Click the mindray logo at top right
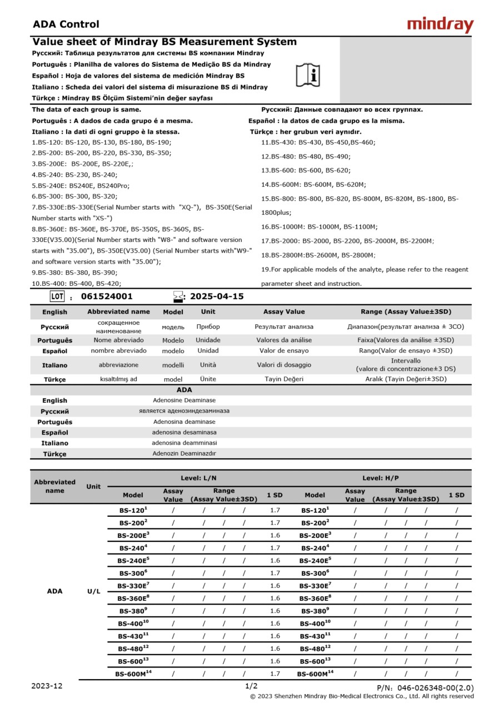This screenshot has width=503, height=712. pyautogui.click(x=440, y=24)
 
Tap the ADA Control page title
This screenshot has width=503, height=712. pyautogui.click(x=66, y=24)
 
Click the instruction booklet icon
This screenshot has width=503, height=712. pyautogui.click(x=307, y=75)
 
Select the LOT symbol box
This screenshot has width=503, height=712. pyautogui.click(x=57, y=296)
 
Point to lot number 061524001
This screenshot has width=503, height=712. pyautogui.click(x=107, y=296)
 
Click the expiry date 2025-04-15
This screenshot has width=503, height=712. pyautogui.click(x=217, y=296)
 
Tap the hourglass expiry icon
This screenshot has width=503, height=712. pyautogui.click(x=178, y=296)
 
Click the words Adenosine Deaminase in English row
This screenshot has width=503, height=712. pyautogui.click(x=184, y=400)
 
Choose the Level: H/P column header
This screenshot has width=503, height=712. pyautogui.click(x=380, y=478)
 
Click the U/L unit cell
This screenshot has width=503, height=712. pyautogui.click(x=94, y=591)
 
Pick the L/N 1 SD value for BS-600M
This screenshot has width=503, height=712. pyautogui.click(x=275, y=674)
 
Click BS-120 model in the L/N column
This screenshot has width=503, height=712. pyautogui.click(x=133, y=510)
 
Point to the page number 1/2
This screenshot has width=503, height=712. pyautogui.click(x=251, y=686)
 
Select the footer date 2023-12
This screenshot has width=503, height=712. pyautogui.click(x=47, y=686)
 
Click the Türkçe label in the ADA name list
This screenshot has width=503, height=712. pyautogui.click(x=54, y=454)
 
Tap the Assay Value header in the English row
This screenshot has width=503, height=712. pyautogui.click(x=284, y=311)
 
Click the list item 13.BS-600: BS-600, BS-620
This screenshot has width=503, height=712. pyautogui.click(x=306, y=170)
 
